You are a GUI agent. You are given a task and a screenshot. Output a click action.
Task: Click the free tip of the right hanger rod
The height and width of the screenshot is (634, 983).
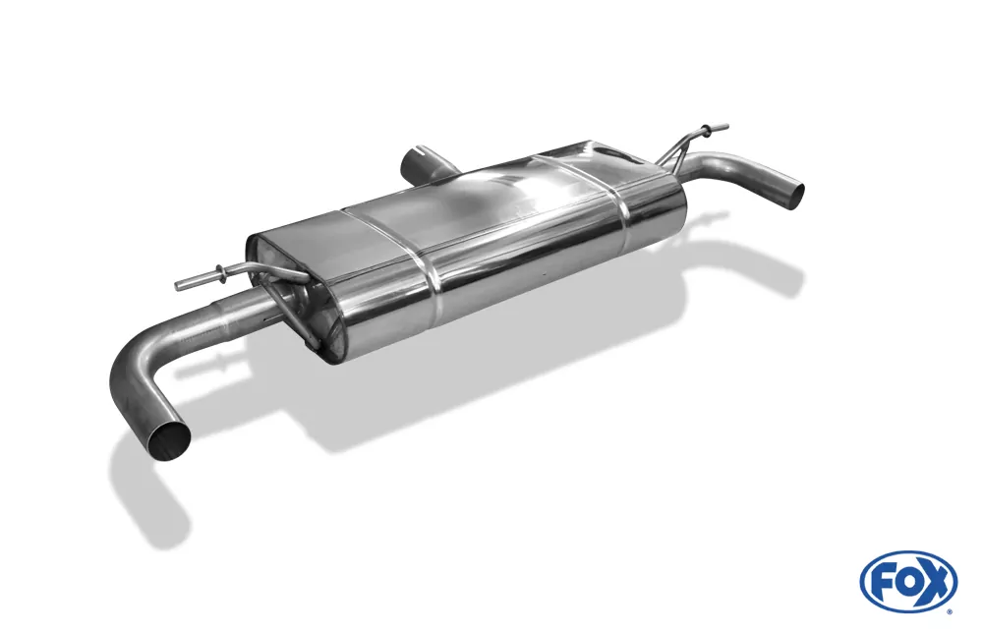(724, 127)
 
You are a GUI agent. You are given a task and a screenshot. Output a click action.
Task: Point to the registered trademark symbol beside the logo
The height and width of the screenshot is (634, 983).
(951, 610)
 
